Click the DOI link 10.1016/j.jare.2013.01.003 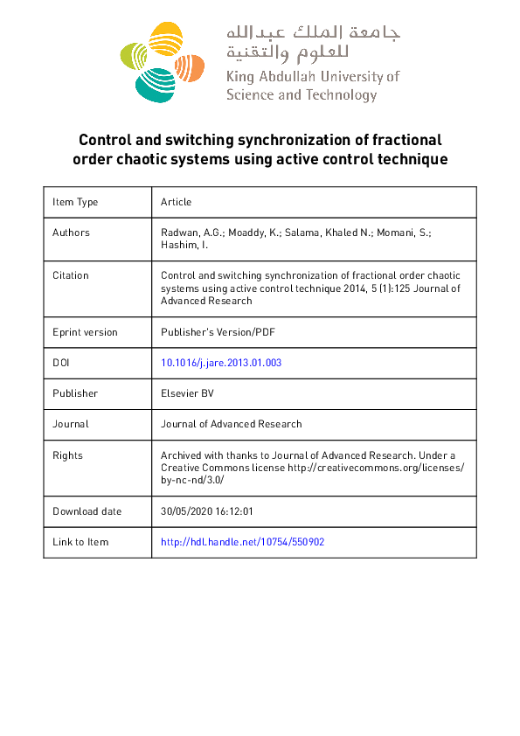[221, 363]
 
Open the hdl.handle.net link [242, 542]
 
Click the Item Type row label [75, 202]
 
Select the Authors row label [71, 233]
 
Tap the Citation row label [71, 275]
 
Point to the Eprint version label [85, 332]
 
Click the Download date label [87, 511]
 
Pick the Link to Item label [80, 542]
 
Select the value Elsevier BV [187, 393]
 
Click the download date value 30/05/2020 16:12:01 [206, 511]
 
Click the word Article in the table [176, 202]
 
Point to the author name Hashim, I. [181, 246]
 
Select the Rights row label [67, 455]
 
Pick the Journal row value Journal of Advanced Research [231, 424]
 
